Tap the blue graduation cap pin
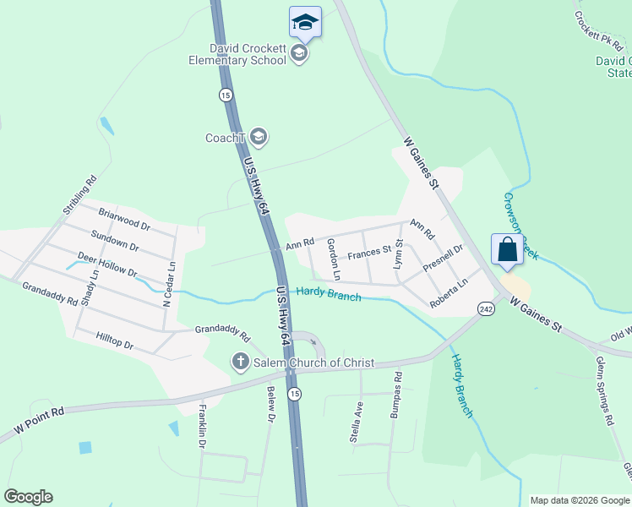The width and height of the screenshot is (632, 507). point(305,21)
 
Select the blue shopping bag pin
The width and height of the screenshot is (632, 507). point(507,249)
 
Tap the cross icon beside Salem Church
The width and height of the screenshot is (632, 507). point(240,363)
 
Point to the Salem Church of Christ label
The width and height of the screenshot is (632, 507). point(313,363)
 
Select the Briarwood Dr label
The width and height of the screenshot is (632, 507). point(123,220)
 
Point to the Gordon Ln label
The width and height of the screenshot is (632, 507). point(334,259)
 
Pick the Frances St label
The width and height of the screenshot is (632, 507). point(369,252)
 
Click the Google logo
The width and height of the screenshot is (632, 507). point(28,497)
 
